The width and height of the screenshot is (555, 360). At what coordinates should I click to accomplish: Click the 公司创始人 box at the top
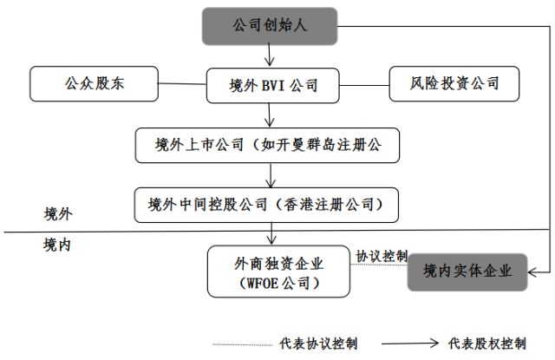coord(269,27)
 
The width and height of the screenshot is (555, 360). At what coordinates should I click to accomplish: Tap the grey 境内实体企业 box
coord(469,272)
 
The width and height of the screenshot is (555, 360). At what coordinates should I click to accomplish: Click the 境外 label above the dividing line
coord(57,213)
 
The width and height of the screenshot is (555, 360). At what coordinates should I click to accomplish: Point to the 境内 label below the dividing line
coord(57,245)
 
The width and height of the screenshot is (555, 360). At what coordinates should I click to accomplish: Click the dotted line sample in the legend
coord(245,344)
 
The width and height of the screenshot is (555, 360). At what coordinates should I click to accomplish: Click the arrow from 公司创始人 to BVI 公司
coord(271,56)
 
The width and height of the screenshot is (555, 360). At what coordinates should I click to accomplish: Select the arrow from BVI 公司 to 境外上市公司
coord(272,115)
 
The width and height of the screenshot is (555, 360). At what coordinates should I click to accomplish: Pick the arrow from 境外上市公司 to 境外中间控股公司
coord(272,173)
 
